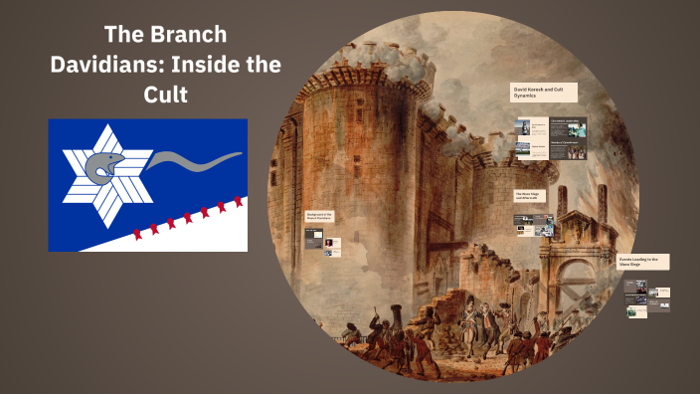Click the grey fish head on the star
point(103,165)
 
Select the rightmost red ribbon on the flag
point(238,202)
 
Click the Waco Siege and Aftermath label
point(530,196)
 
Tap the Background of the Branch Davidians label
point(320,216)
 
